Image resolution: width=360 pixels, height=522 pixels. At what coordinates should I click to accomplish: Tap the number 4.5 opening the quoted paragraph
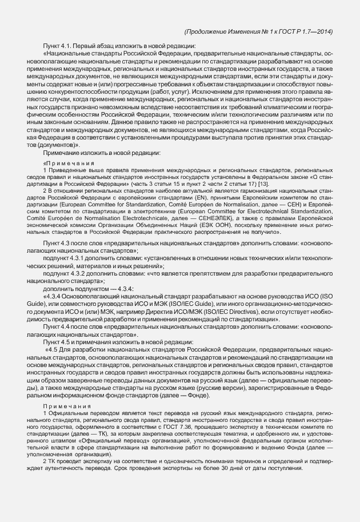click(x=53, y=349)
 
